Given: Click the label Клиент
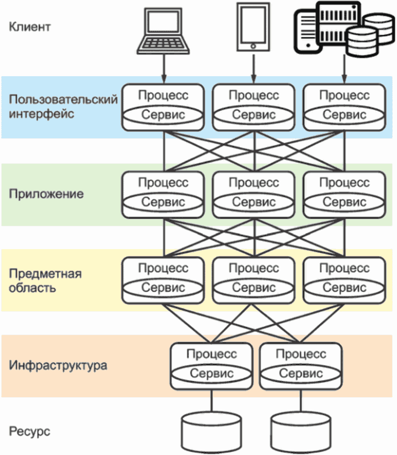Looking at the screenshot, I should tap(30, 26).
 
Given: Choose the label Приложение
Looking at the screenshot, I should tap(46, 194).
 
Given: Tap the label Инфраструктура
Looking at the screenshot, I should tap(58, 365).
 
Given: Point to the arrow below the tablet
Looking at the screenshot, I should tap(252, 69).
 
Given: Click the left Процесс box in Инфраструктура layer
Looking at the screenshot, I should tap(211, 355).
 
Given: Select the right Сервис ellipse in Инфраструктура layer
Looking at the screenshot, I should tap(300, 374).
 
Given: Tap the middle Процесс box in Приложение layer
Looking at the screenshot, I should tap(254, 183).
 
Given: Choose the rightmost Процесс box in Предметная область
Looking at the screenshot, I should tap(345, 269).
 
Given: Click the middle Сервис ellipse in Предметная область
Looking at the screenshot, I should tap(254, 288).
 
